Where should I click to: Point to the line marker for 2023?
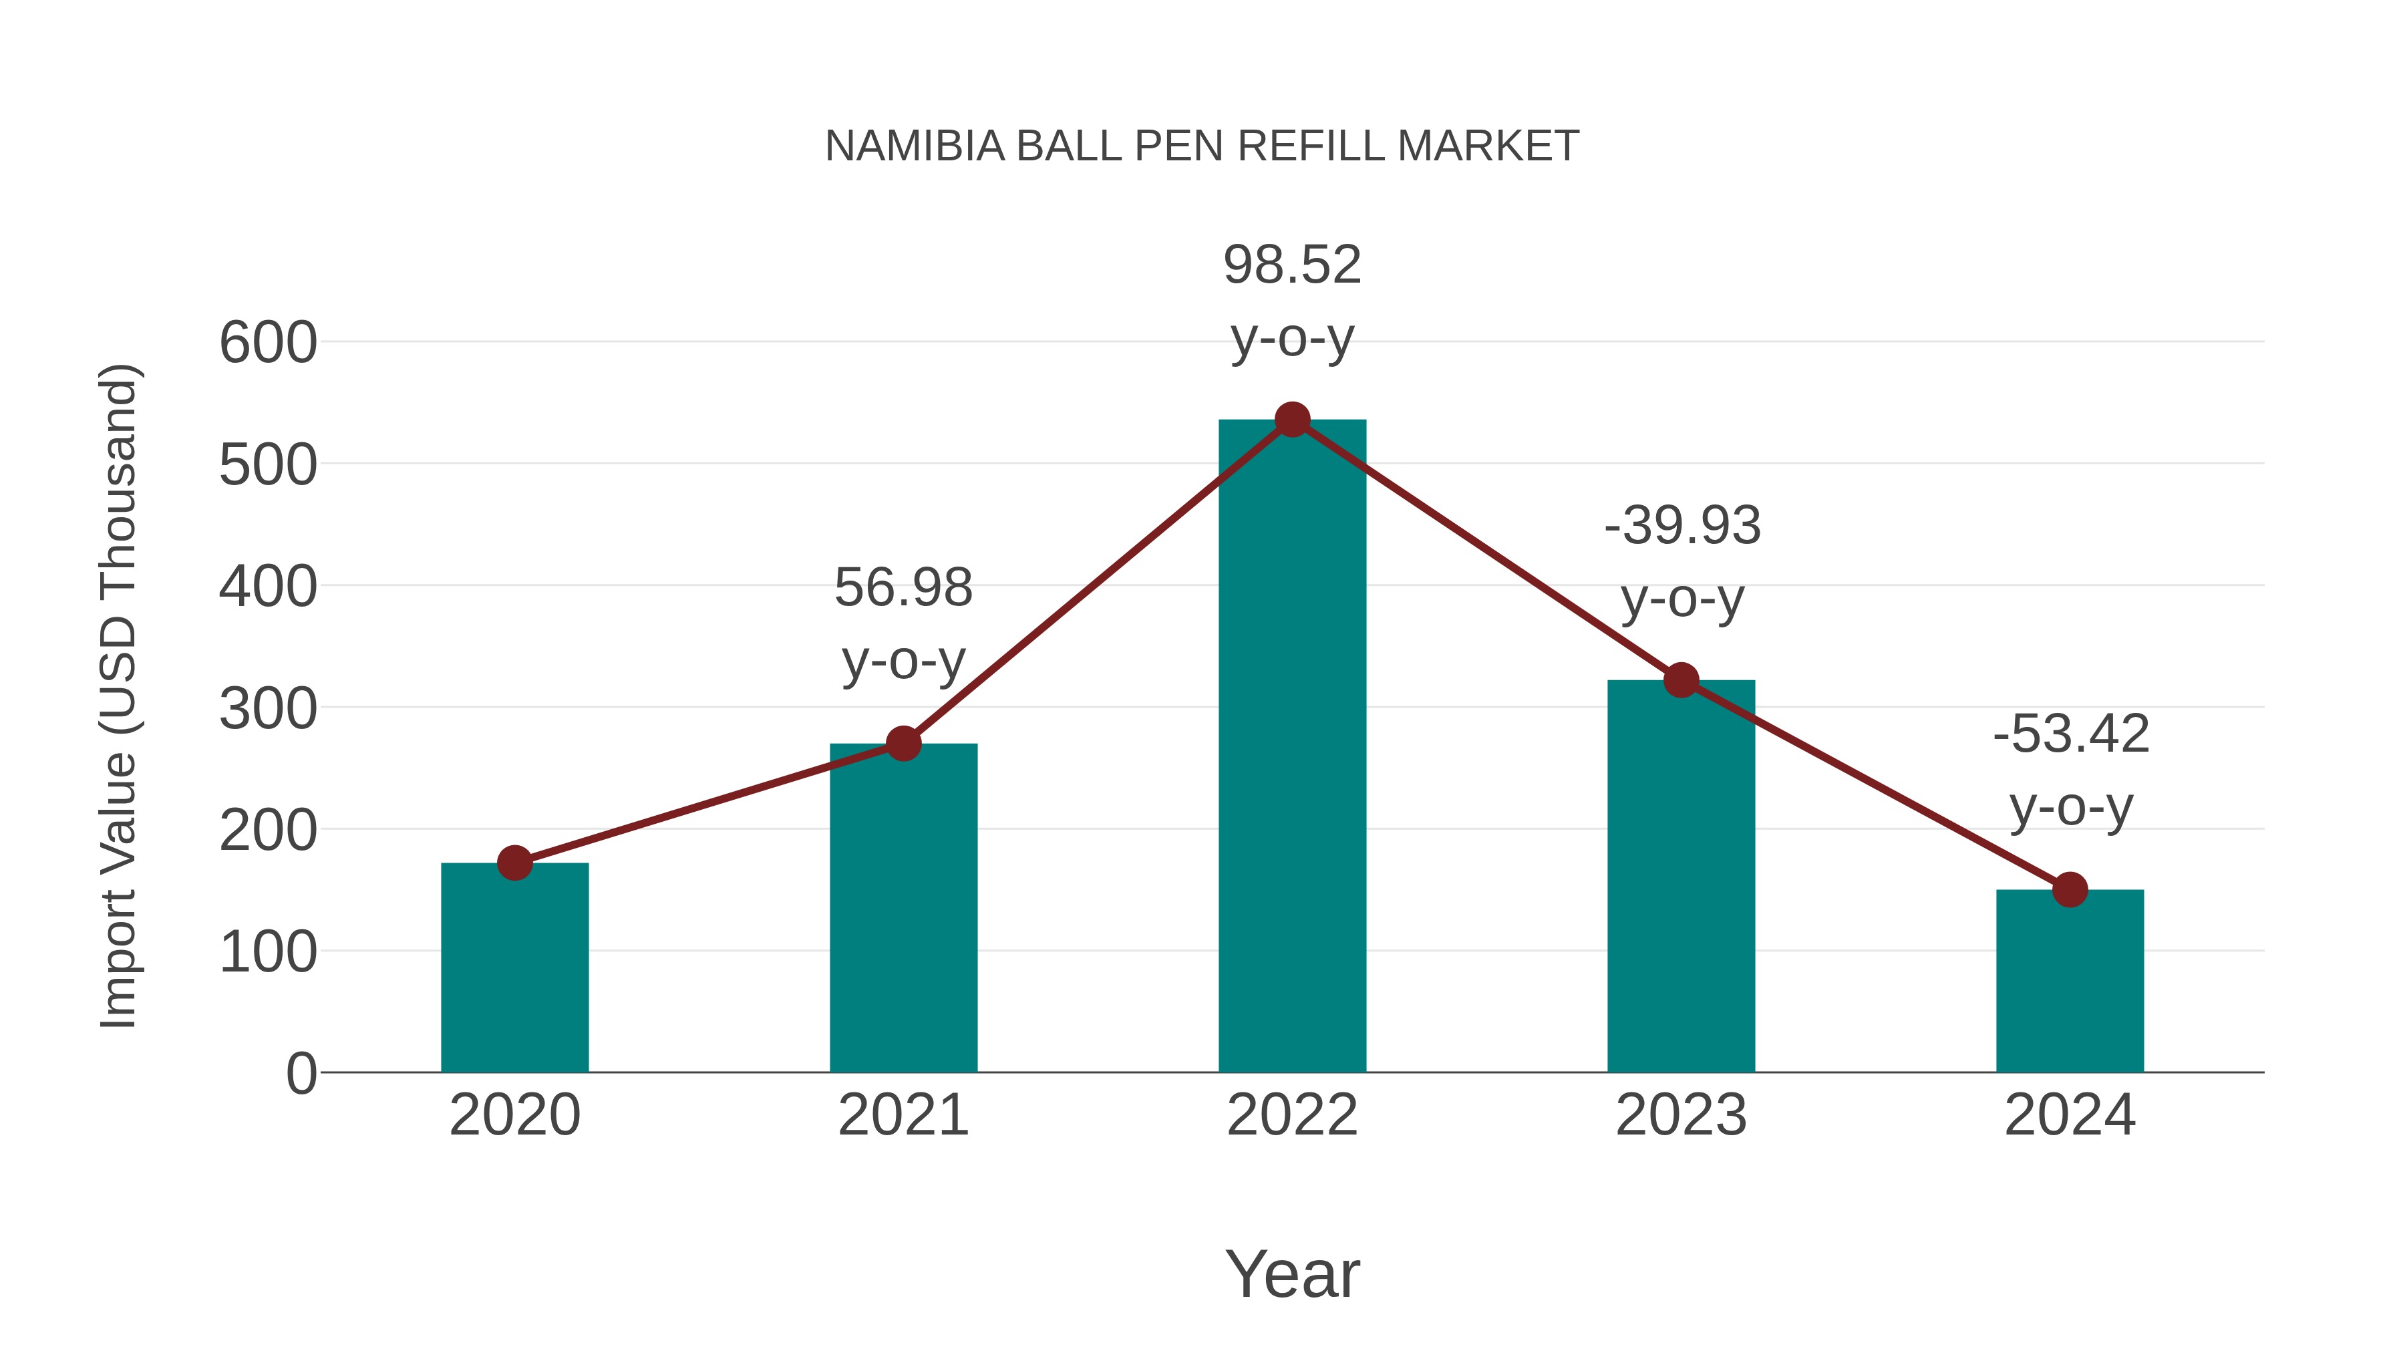(x=1681, y=681)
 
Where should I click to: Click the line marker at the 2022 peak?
(x=1292, y=420)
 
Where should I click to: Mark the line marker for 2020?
(x=514, y=863)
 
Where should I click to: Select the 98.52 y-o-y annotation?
(x=1292, y=301)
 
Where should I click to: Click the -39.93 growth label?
(x=1682, y=561)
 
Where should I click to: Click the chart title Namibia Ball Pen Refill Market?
(x=1202, y=146)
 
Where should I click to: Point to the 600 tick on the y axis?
(x=268, y=343)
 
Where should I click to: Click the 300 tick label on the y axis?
(x=268, y=709)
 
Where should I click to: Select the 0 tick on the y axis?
(x=301, y=1074)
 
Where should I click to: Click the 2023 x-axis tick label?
(x=1681, y=1115)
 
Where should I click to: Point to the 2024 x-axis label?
(x=2070, y=1115)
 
